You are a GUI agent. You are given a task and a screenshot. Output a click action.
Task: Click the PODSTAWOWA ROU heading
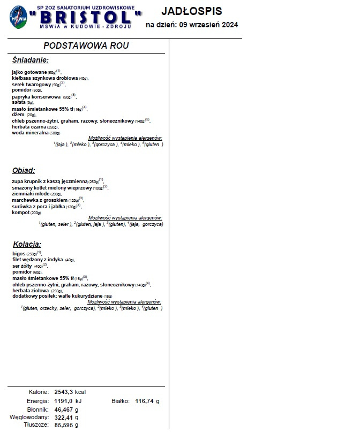(x=86, y=46)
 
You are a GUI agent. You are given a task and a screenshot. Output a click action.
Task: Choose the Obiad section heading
(x=24, y=171)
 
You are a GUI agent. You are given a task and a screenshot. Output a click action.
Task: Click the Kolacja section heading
(x=27, y=244)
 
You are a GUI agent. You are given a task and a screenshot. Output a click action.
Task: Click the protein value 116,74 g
(x=147, y=401)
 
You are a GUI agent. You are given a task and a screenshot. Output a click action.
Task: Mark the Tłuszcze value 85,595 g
(x=66, y=425)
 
